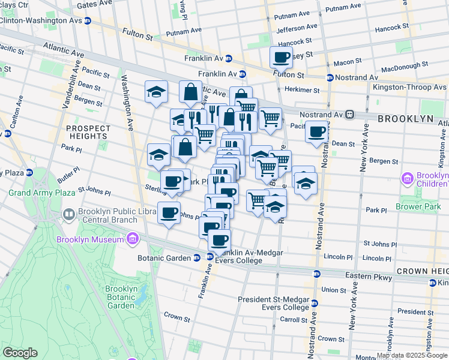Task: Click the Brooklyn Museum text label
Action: click(x=89, y=240)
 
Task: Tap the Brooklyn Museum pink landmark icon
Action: click(x=132, y=240)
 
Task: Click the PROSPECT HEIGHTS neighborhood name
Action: click(x=89, y=133)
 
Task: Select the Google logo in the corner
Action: click(x=19, y=353)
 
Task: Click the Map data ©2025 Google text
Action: click(x=412, y=355)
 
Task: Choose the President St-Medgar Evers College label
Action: click(x=273, y=303)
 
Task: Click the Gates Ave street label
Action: click(x=95, y=4)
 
